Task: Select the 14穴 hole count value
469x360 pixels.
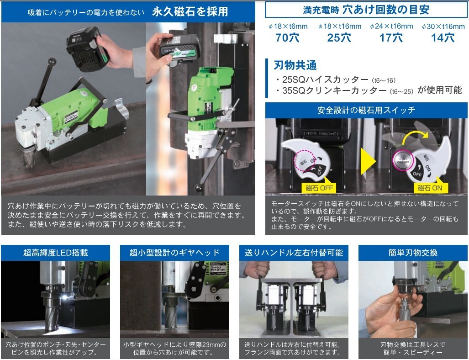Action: tap(443, 38)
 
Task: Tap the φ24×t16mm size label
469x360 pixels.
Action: tap(391, 26)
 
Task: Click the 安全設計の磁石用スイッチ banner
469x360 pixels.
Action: tap(366, 110)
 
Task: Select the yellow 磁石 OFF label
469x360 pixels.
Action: tap(318, 188)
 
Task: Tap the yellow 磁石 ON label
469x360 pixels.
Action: tap(430, 188)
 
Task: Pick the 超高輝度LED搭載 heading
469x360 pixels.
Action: tap(55, 253)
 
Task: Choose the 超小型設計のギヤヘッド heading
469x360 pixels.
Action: tap(175, 253)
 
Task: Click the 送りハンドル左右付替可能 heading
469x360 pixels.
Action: tap(294, 253)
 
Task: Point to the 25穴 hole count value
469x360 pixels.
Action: tap(339, 38)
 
